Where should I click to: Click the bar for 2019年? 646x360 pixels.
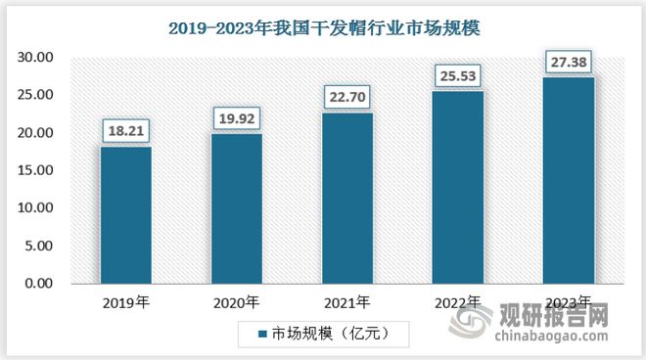125,214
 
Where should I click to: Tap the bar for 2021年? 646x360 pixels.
346,198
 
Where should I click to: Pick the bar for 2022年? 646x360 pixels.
457,187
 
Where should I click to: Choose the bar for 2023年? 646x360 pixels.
568,180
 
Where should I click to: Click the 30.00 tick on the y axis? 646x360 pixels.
38,58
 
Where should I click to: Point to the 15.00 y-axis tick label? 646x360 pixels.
38,170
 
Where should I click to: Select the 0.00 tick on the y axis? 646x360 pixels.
42,284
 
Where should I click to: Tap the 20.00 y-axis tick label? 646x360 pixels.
38,133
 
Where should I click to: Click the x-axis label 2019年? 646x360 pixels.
125,302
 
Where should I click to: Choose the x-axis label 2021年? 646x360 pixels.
346,302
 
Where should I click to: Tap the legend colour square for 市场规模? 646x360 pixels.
262,335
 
